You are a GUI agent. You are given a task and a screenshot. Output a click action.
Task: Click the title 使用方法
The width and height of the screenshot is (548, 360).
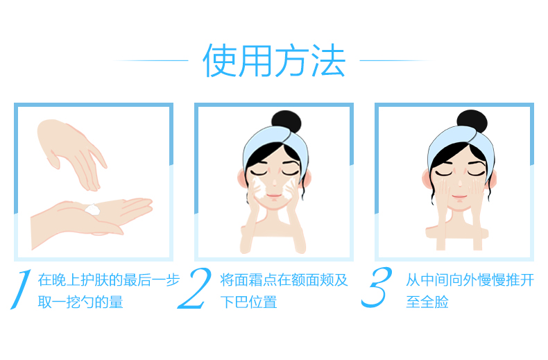[x=275, y=61]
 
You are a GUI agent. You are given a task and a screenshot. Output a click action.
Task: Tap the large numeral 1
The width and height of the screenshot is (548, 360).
[x=22, y=289]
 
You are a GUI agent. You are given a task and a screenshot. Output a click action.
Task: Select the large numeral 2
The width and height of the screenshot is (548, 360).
[x=195, y=288]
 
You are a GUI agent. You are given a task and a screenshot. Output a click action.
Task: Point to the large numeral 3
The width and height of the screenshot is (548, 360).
[x=377, y=287]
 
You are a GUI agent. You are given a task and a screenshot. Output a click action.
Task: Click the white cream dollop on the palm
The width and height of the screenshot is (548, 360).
[x=93, y=209]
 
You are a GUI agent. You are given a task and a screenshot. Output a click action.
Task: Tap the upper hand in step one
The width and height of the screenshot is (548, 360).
[x=71, y=154]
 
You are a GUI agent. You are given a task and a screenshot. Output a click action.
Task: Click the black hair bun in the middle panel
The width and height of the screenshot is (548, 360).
[x=286, y=122]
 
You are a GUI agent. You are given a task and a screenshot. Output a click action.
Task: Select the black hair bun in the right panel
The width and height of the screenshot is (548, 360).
[x=472, y=121]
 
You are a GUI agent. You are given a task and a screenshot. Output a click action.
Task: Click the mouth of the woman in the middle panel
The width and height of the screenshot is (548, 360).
[x=274, y=196]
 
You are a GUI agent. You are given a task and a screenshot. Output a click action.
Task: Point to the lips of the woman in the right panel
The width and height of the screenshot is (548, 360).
[x=459, y=196]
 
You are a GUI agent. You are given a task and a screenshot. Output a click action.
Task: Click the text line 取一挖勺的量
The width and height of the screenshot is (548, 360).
[x=80, y=302]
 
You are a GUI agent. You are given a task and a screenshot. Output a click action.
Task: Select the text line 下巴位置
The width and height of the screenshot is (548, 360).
[x=248, y=302]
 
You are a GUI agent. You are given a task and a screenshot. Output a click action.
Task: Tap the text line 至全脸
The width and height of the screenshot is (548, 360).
[x=427, y=302]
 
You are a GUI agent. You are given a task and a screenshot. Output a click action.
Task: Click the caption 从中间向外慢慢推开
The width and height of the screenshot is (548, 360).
[x=470, y=280]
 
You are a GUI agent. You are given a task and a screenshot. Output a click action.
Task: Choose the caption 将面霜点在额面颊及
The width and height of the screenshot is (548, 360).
[x=284, y=280]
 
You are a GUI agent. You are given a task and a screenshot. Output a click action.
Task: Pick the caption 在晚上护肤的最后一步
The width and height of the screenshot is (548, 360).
[x=109, y=280]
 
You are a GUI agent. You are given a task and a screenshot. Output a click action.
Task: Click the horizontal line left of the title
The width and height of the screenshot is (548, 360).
[x=151, y=60]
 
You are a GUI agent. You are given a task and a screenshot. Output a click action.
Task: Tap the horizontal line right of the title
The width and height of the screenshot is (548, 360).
[x=397, y=60]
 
